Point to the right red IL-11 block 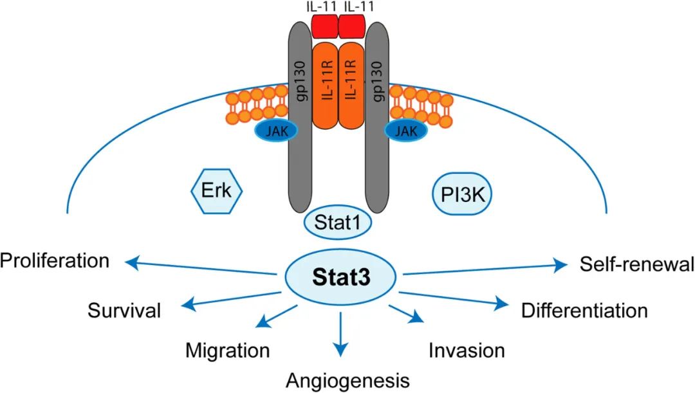pyautogui.click(x=353, y=26)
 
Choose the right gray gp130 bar pyautogui.click(x=380, y=116)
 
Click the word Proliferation pyautogui.click(x=55, y=261)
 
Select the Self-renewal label pyautogui.click(x=636, y=264)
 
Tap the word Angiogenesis pyautogui.click(x=347, y=379)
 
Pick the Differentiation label pyautogui.click(x=584, y=311)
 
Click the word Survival pyautogui.click(x=124, y=311)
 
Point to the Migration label pyautogui.click(x=227, y=351)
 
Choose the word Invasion pyautogui.click(x=467, y=351)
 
